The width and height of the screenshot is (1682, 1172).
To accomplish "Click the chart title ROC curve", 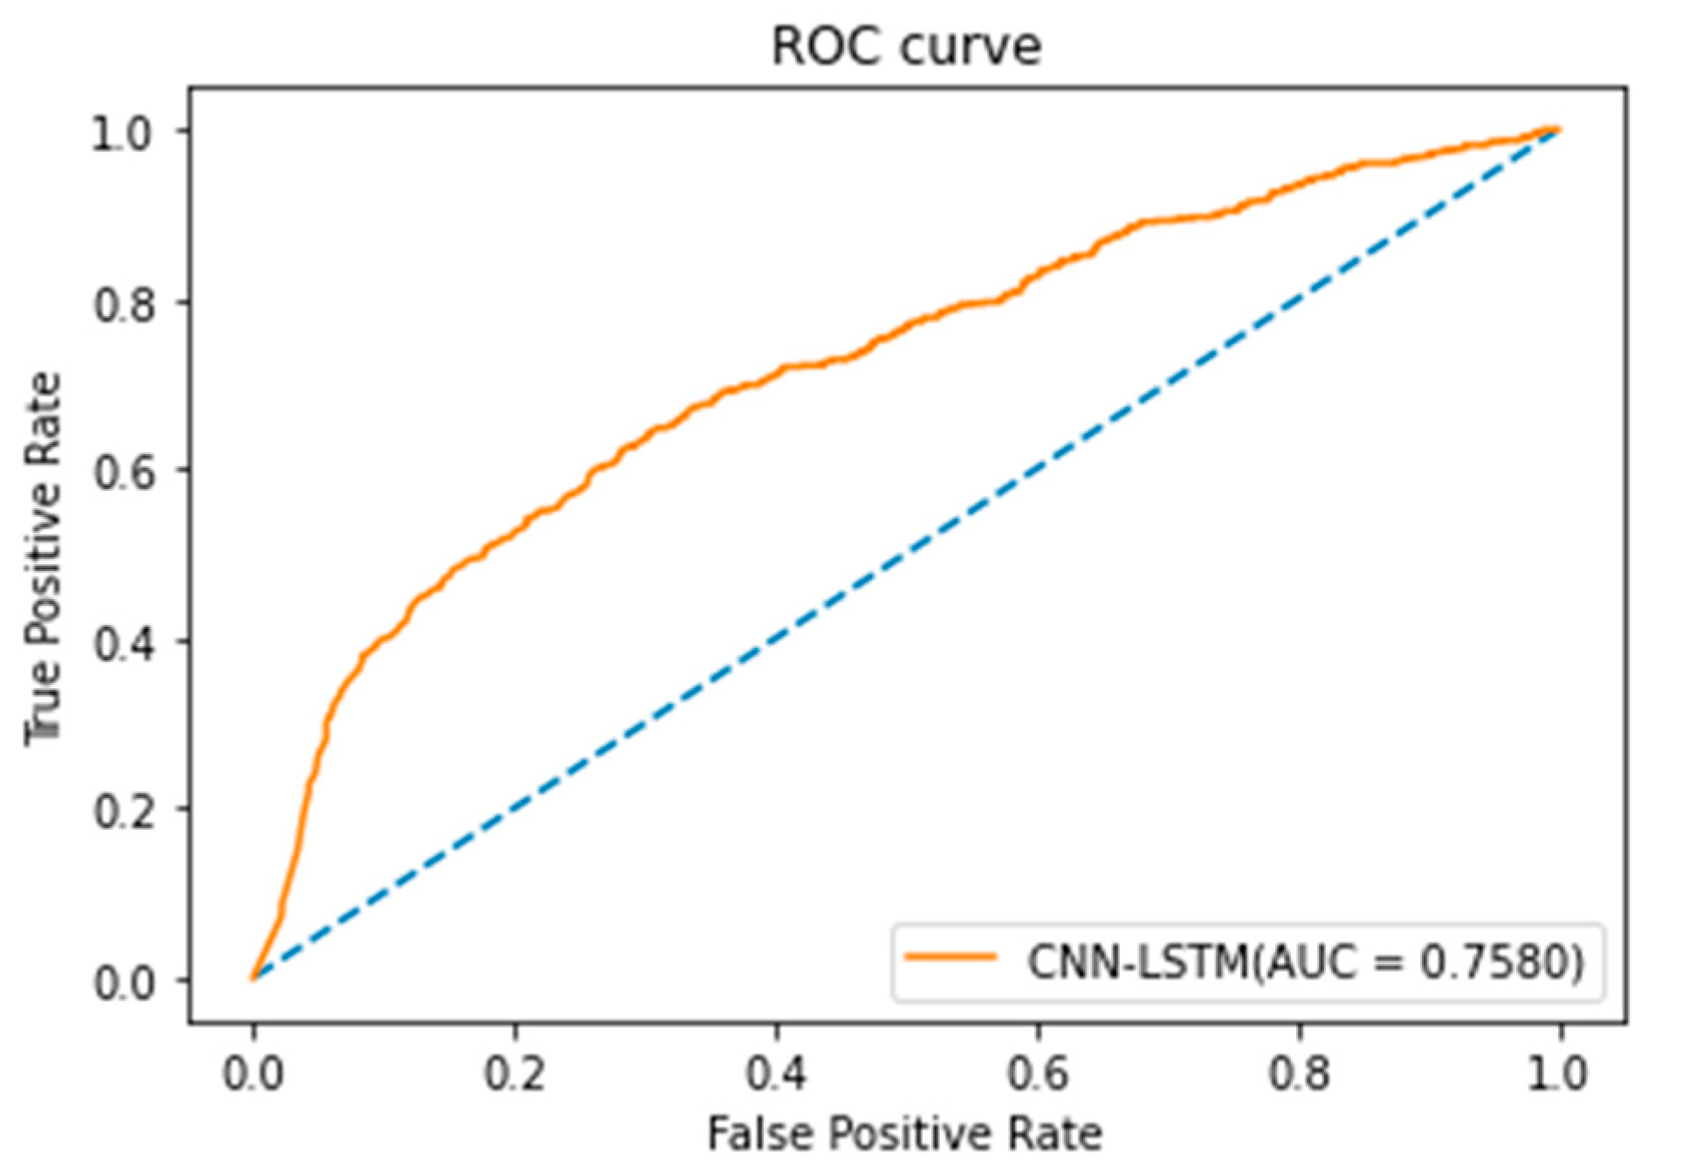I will coord(906,45).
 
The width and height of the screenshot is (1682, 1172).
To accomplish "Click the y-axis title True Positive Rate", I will coord(44,559).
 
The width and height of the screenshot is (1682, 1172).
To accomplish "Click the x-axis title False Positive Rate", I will coord(904,1134).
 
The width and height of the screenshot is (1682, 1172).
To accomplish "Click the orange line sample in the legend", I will coord(951,957).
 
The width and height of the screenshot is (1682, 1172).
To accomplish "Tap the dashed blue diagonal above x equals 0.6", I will coord(1038,470).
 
